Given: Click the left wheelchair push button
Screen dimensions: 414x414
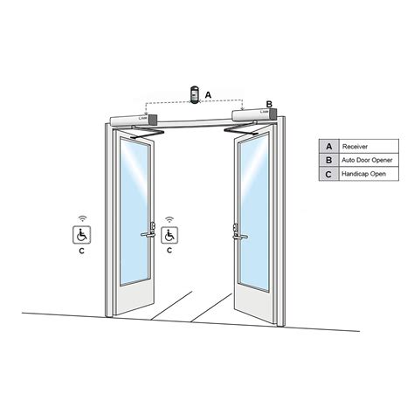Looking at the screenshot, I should (x=81, y=234).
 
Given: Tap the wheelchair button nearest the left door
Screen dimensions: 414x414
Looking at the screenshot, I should (x=169, y=234).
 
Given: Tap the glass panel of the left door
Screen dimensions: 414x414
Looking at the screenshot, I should (x=136, y=210).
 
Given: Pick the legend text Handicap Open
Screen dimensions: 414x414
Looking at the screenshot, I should (x=364, y=174).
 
